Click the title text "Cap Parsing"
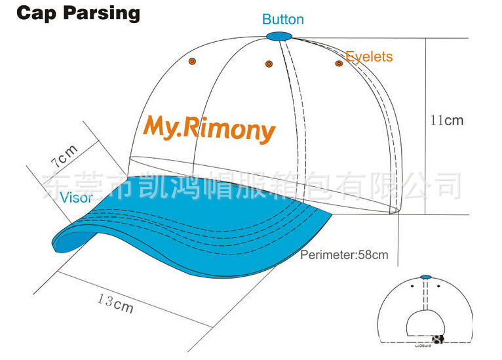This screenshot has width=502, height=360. tap(78, 13)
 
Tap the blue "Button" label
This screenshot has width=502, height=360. tap(283, 20)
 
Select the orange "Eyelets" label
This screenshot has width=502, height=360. tap(369, 56)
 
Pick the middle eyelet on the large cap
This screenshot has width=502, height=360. tap(269, 64)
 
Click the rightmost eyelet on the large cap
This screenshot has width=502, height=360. tap(339, 64)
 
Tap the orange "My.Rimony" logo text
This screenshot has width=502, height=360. tap(209, 127)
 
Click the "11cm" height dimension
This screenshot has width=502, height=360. tap(446, 120)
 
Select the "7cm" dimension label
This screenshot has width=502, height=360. tap(64, 156)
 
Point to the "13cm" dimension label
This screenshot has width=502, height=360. tap(115, 303)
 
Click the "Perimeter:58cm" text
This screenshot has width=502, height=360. tap(344, 254)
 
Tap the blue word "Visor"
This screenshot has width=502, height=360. tap(76, 197)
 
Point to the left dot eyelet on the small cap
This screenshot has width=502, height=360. tap(412, 287)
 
